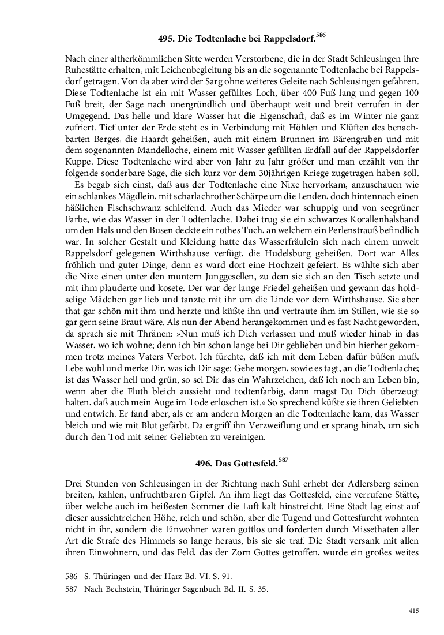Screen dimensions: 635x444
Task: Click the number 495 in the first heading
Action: (x=167, y=40)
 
